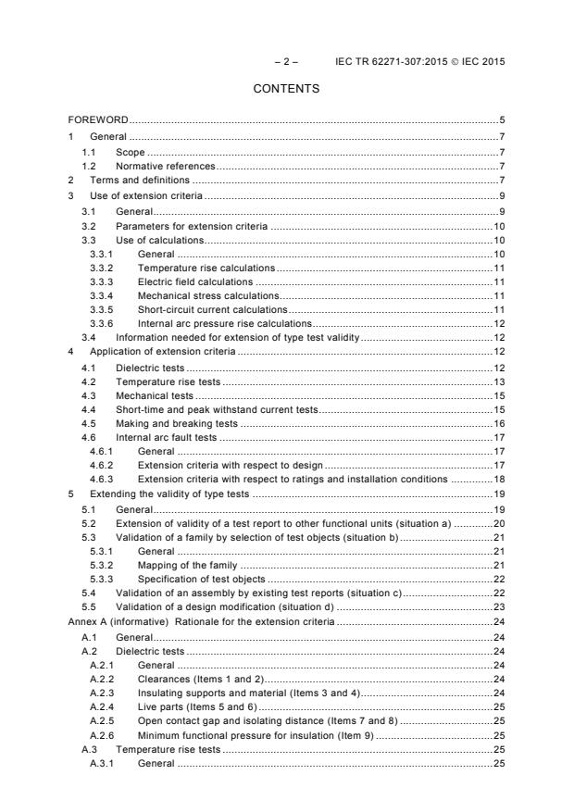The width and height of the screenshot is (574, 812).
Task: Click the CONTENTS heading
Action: [286, 89]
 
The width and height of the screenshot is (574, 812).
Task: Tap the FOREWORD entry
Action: [98, 120]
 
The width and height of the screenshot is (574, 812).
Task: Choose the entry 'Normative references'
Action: [165, 166]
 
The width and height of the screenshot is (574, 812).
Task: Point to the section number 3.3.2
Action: [102, 267]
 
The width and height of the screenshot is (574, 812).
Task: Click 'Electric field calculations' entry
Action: [194, 281]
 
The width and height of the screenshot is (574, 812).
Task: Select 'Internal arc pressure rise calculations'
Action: [224, 323]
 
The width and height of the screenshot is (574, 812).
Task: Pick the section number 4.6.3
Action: [102, 479]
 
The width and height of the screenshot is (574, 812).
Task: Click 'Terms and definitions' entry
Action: [140, 180]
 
